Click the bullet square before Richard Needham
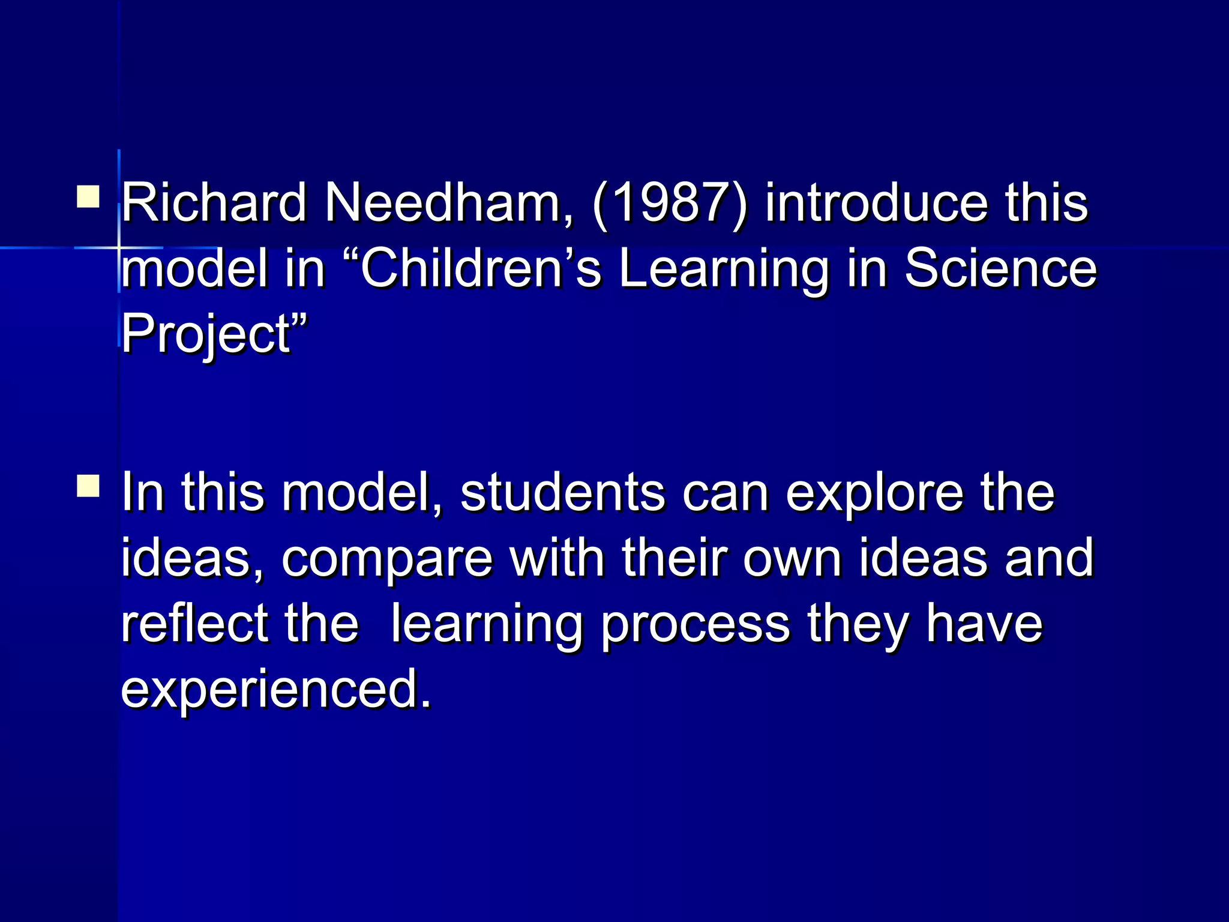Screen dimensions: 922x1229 pyautogui.click(x=88, y=196)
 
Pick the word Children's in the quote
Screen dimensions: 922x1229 pyautogui.click(x=480, y=268)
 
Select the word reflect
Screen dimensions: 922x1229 pyautogui.click(x=194, y=624)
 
